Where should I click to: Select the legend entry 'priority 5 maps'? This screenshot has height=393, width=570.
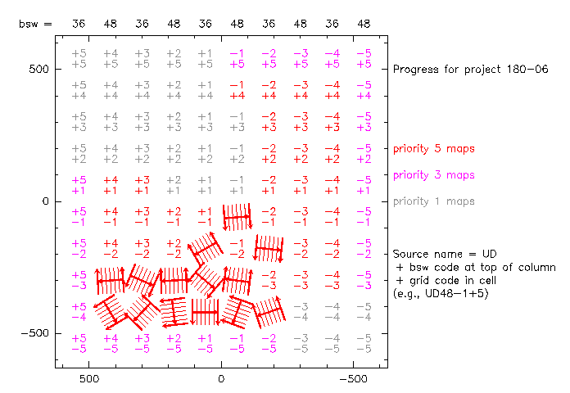pos(434,148)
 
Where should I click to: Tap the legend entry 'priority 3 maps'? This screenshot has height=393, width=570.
pos(434,175)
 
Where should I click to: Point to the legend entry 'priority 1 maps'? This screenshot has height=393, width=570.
pos(434,201)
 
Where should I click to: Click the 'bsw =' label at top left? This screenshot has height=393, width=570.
pos(35,24)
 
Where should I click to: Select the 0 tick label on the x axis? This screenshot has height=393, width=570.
pos(221,380)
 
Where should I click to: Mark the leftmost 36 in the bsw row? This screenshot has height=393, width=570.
pos(79,24)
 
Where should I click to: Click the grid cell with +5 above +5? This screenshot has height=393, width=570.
pos(79,58)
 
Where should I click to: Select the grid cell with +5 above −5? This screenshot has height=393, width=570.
pos(79,343)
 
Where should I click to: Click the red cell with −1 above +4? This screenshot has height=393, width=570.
pos(237,90)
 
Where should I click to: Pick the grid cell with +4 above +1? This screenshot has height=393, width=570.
pos(111,185)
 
